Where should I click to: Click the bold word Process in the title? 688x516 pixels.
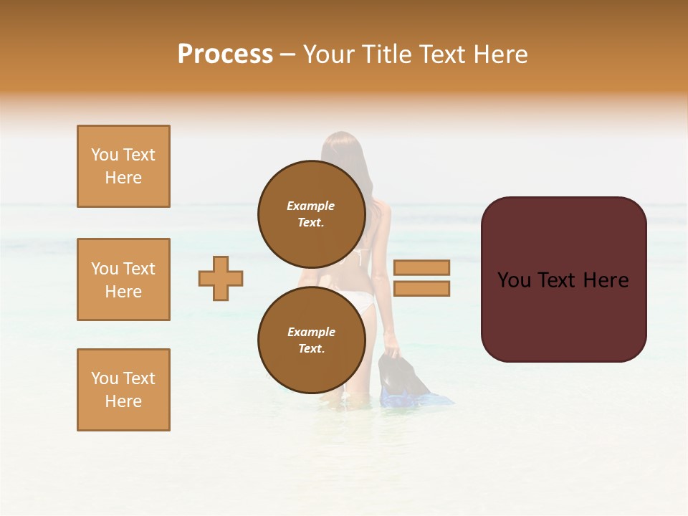[x=225, y=54]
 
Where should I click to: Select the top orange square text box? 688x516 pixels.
[x=123, y=166]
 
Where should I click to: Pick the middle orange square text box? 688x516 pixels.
[x=123, y=279]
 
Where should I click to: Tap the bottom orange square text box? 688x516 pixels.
[x=123, y=390]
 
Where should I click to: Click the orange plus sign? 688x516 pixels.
[x=221, y=278]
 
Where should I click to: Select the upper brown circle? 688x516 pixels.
[x=312, y=214]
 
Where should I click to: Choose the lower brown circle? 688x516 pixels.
[x=312, y=340]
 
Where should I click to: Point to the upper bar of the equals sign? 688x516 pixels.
[x=421, y=267]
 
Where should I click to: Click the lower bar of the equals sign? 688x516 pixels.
[x=421, y=289]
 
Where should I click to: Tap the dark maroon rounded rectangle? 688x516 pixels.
[x=563, y=315]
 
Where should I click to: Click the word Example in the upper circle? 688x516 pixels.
[x=311, y=206]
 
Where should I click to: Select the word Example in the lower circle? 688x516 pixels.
[x=311, y=332]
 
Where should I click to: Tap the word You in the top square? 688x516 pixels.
[x=105, y=155]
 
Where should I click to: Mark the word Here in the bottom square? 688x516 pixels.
[x=123, y=401]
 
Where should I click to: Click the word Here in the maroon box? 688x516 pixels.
[x=606, y=280]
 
